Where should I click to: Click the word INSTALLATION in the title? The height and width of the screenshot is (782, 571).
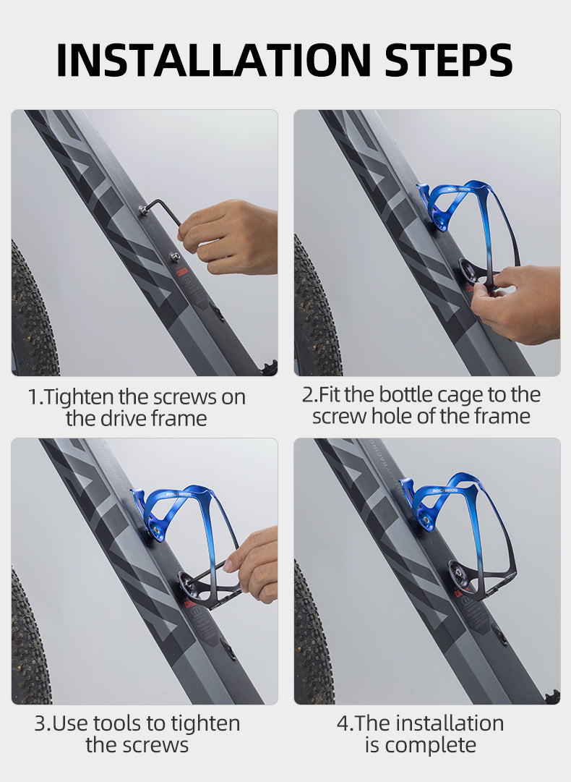[x=214, y=60]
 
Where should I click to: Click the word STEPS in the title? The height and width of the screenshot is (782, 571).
[x=448, y=60]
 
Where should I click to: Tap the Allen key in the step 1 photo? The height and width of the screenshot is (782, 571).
[x=160, y=211]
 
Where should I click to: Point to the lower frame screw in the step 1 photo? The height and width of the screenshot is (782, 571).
[x=175, y=257]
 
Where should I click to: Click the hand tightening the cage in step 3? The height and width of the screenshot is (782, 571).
[x=252, y=564]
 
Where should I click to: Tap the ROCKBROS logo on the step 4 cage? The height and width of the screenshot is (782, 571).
[x=445, y=490]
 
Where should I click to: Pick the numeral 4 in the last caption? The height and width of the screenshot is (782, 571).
[x=343, y=723]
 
